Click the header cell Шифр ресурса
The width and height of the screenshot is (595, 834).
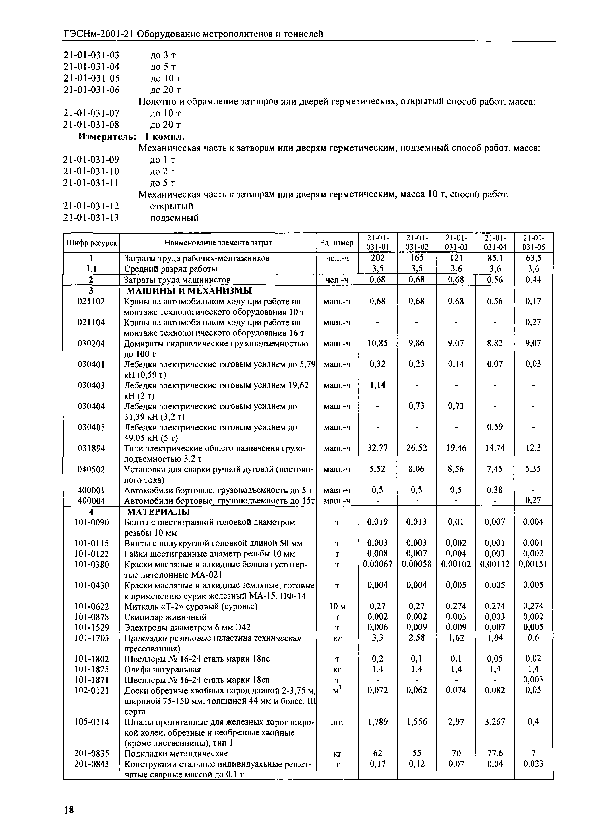tap(91, 243)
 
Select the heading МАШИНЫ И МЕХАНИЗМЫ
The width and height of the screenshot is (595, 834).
tap(189, 291)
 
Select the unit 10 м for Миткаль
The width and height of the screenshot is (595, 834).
tap(337, 607)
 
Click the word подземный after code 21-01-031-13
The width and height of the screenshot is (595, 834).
tap(174, 218)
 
